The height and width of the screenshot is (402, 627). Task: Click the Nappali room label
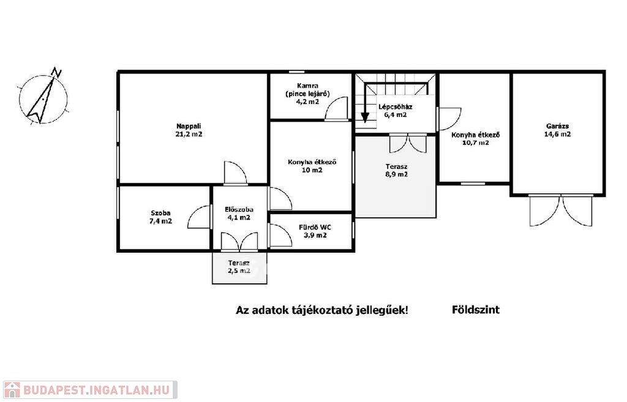[189, 126]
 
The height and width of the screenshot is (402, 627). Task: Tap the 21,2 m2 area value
[189, 134]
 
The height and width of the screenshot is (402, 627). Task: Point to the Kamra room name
[307, 86]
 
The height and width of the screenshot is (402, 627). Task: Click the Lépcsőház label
[396, 106]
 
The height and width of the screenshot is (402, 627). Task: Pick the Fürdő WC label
[315, 228]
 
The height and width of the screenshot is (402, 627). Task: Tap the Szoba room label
[160, 213]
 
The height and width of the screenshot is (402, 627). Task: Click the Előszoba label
[239, 209]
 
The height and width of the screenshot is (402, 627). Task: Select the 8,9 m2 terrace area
[396, 174]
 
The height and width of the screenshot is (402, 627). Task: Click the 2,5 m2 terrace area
[239, 271]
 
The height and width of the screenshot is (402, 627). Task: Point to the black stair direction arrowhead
[365, 117]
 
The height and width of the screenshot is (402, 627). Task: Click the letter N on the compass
[57, 73]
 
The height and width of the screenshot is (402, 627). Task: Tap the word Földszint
[475, 310]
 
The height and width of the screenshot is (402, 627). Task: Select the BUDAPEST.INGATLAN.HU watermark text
[97, 390]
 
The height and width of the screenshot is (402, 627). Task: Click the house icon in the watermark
[12, 390]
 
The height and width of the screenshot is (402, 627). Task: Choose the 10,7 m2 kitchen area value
[475, 143]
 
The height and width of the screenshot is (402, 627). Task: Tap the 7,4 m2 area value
[160, 221]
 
